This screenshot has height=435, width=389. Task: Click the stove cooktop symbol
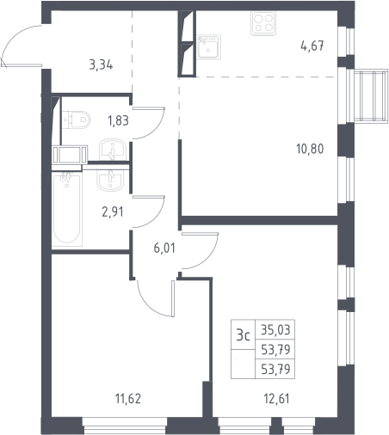263,23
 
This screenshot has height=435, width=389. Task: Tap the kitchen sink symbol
209,47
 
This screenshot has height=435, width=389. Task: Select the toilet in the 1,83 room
76,119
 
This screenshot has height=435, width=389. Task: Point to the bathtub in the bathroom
67,208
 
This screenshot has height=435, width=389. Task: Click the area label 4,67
312,46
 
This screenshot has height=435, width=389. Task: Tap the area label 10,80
310,149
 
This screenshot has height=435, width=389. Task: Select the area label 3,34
101,65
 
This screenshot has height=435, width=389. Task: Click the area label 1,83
118,120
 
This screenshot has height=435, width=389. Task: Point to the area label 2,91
113,212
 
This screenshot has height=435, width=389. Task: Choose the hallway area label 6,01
164,248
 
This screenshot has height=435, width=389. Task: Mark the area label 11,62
128,399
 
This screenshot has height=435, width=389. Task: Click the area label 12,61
277,399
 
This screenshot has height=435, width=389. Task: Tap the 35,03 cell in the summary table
275,330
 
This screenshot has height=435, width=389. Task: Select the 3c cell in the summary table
244,334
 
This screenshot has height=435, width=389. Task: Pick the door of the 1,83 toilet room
148,123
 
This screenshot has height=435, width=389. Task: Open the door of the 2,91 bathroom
148,212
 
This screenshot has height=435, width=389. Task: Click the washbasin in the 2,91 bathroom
110,181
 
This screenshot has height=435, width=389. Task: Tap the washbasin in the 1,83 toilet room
113,150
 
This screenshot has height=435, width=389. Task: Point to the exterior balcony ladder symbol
371,95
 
